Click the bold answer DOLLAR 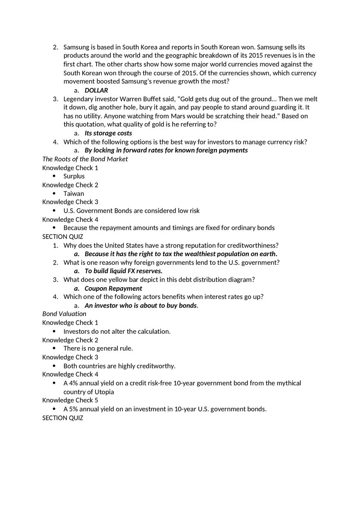(96, 90)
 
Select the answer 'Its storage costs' (108, 133)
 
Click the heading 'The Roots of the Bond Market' (85, 159)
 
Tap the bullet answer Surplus (74, 176)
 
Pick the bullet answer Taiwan (74, 193)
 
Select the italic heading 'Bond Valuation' (64, 314)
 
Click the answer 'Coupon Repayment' (113, 288)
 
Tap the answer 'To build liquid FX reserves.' (124, 271)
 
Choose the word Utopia (104, 392)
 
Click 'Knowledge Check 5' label (70, 400)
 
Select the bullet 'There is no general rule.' (98, 348)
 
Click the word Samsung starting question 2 (76, 47)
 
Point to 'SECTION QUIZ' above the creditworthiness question (63, 237)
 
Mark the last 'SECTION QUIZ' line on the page (63, 418)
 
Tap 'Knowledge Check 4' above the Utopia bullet (70, 374)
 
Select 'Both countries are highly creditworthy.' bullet (119, 366)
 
